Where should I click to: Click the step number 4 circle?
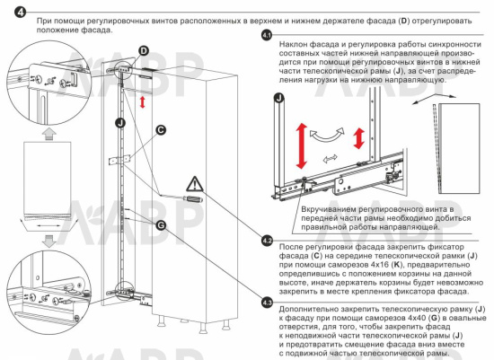coord(20,13)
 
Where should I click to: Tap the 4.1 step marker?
coord(267,35)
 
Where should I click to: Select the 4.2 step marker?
coord(267,241)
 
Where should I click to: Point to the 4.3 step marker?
coord(267,303)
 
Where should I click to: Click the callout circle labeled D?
coord(144,50)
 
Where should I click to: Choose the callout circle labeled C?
coord(161,130)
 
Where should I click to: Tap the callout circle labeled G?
coord(161,224)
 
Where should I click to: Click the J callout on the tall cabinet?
coord(120,122)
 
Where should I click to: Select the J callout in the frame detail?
coord(279,98)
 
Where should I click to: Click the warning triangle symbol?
coord(195,184)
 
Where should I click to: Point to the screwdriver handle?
coord(193,198)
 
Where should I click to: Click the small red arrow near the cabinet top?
coord(143,102)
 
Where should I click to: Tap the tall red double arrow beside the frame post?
coord(302,145)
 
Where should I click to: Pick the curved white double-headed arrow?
coord(327,136)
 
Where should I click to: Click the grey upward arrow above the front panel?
coord(49,133)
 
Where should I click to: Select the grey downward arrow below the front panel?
coord(49,241)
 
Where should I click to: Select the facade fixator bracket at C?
coord(119,160)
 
